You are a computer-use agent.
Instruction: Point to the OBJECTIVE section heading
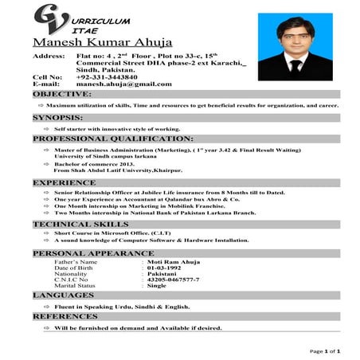coord(62,94)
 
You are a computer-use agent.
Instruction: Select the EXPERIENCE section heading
coord(65,182)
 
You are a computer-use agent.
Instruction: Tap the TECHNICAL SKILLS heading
coord(80,225)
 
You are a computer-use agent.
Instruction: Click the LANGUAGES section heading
coord(64,295)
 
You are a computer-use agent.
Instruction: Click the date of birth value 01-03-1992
coord(164,268)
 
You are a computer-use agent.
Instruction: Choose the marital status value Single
coord(157,286)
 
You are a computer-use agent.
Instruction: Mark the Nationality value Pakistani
coord(162,274)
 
